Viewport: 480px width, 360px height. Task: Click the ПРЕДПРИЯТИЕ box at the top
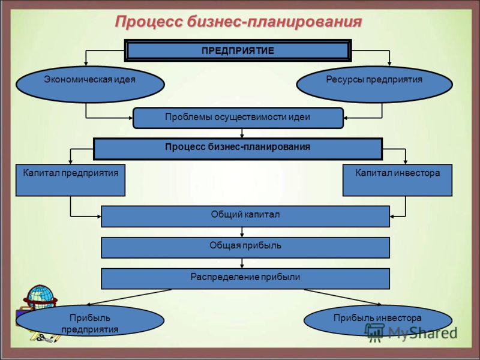[238, 50]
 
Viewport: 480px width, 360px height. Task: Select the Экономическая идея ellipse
[90, 84]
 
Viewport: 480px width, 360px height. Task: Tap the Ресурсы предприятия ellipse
[374, 84]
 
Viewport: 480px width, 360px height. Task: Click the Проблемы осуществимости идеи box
[238, 118]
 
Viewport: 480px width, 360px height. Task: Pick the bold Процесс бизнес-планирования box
[238, 149]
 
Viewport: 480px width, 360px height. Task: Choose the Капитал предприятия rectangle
[70, 181]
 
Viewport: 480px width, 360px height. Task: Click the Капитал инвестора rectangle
[397, 181]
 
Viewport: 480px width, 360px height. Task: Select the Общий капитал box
[245, 217]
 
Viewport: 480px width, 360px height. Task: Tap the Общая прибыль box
[245, 248]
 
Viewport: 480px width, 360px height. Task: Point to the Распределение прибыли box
[245, 279]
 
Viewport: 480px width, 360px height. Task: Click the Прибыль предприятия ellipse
[90, 320]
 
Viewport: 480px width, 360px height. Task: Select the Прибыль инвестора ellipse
[378, 320]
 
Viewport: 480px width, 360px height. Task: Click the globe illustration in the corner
[40, 296]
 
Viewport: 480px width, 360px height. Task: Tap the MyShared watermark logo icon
[374, 332]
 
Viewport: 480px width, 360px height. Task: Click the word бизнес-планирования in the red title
[274, 22]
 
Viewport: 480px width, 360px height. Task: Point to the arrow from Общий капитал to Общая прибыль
[242, 232]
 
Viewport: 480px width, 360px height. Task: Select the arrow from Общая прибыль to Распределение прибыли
[242, 263]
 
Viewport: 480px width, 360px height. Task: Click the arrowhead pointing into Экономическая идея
[86, 64]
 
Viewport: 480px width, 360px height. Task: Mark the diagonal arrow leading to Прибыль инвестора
[343, 297]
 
